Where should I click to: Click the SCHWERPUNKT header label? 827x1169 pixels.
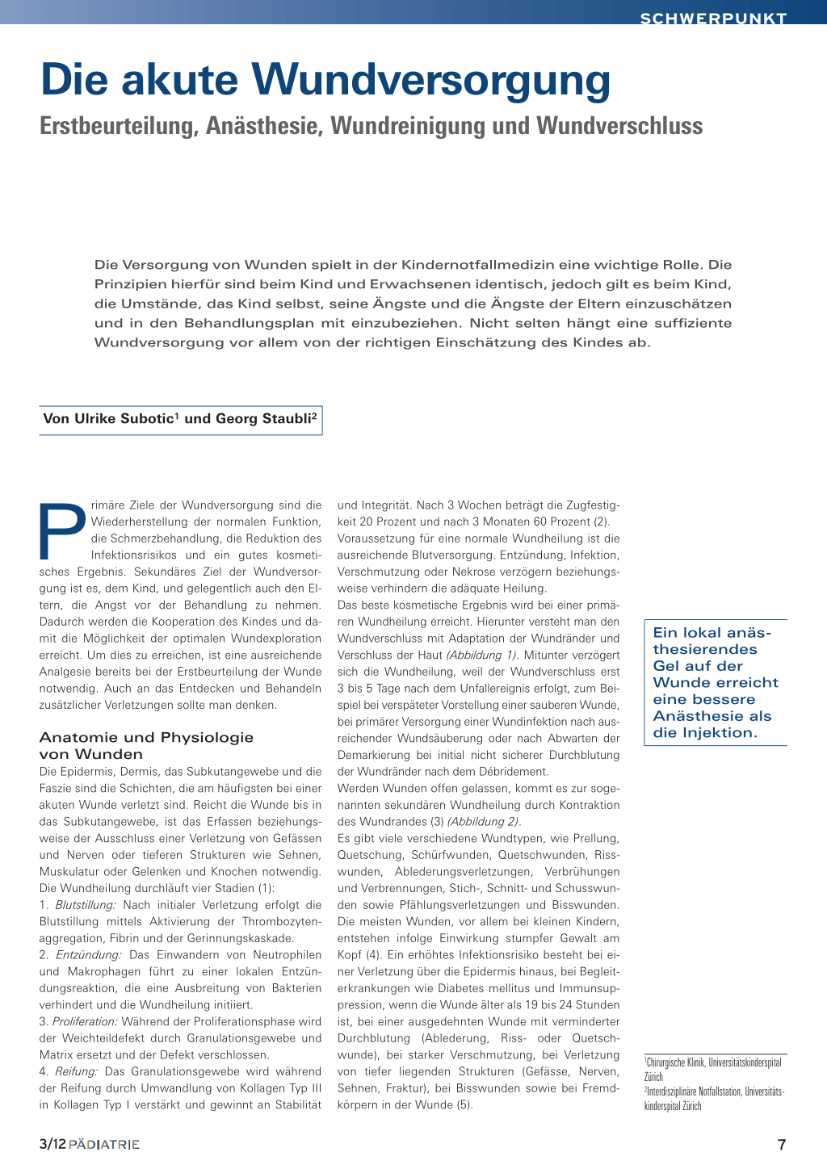(713, 18)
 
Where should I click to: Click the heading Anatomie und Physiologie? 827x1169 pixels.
(146, 737)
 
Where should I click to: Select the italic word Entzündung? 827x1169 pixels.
(88, 955)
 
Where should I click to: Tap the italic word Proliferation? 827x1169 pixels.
(85, 1022)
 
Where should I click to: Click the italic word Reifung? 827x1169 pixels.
(76, 1072)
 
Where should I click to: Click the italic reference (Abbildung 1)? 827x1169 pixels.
(483, 655)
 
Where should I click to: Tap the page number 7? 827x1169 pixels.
(781, 1145)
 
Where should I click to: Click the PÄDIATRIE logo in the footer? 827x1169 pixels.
(104, 1145)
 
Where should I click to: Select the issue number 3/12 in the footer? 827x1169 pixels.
(52, 1145)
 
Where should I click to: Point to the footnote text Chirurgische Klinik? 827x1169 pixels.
(676, 1062)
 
